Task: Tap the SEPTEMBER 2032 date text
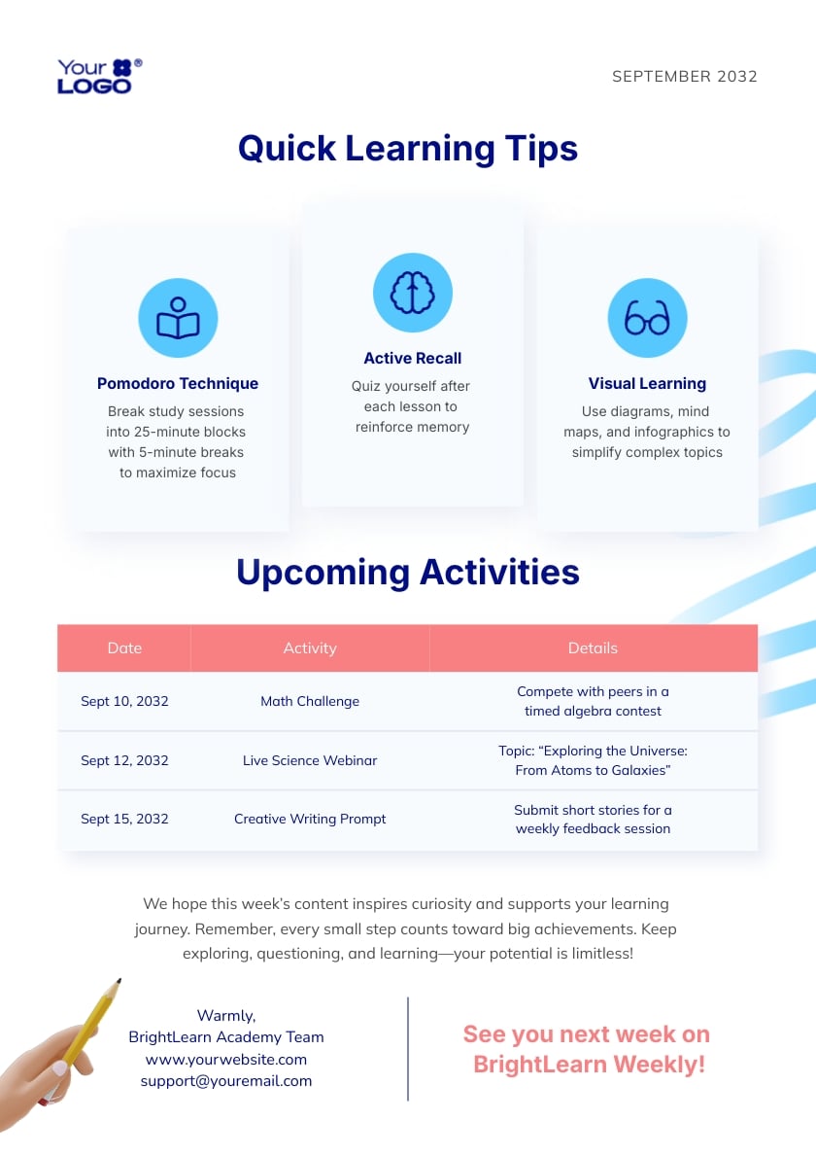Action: (x=684, y=77)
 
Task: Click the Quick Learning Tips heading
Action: (x=408, y=149)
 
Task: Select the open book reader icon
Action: (x=178, y=318)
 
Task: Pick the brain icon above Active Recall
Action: (x=413, y=293)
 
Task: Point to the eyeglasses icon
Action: (x=647, y=318)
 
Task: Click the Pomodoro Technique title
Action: (x=178, y=383)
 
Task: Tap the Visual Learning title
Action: (x=647, y=383)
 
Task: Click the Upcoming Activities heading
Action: (x=408, y=572)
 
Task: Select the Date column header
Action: (x=124, y=647)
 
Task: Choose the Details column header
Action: (x=593, y=647)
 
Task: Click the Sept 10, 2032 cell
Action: (x=124, y=701)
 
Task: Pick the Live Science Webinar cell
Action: (x=310, y=760)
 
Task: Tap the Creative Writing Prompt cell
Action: (x=310, y=819)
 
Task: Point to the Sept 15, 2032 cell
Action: (x=124, y=819)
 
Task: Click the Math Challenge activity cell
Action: (x=310, y=701)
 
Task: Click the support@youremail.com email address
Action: (x=226, y=1080)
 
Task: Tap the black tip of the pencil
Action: (x=118, y=982)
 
